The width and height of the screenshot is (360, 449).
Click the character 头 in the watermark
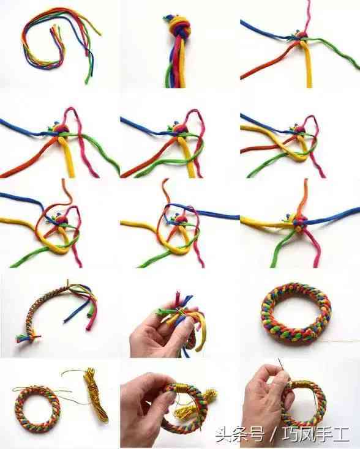click(223, 434)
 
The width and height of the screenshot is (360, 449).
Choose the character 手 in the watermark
click(324, 434)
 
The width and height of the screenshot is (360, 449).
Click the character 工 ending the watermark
click(341, 434)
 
